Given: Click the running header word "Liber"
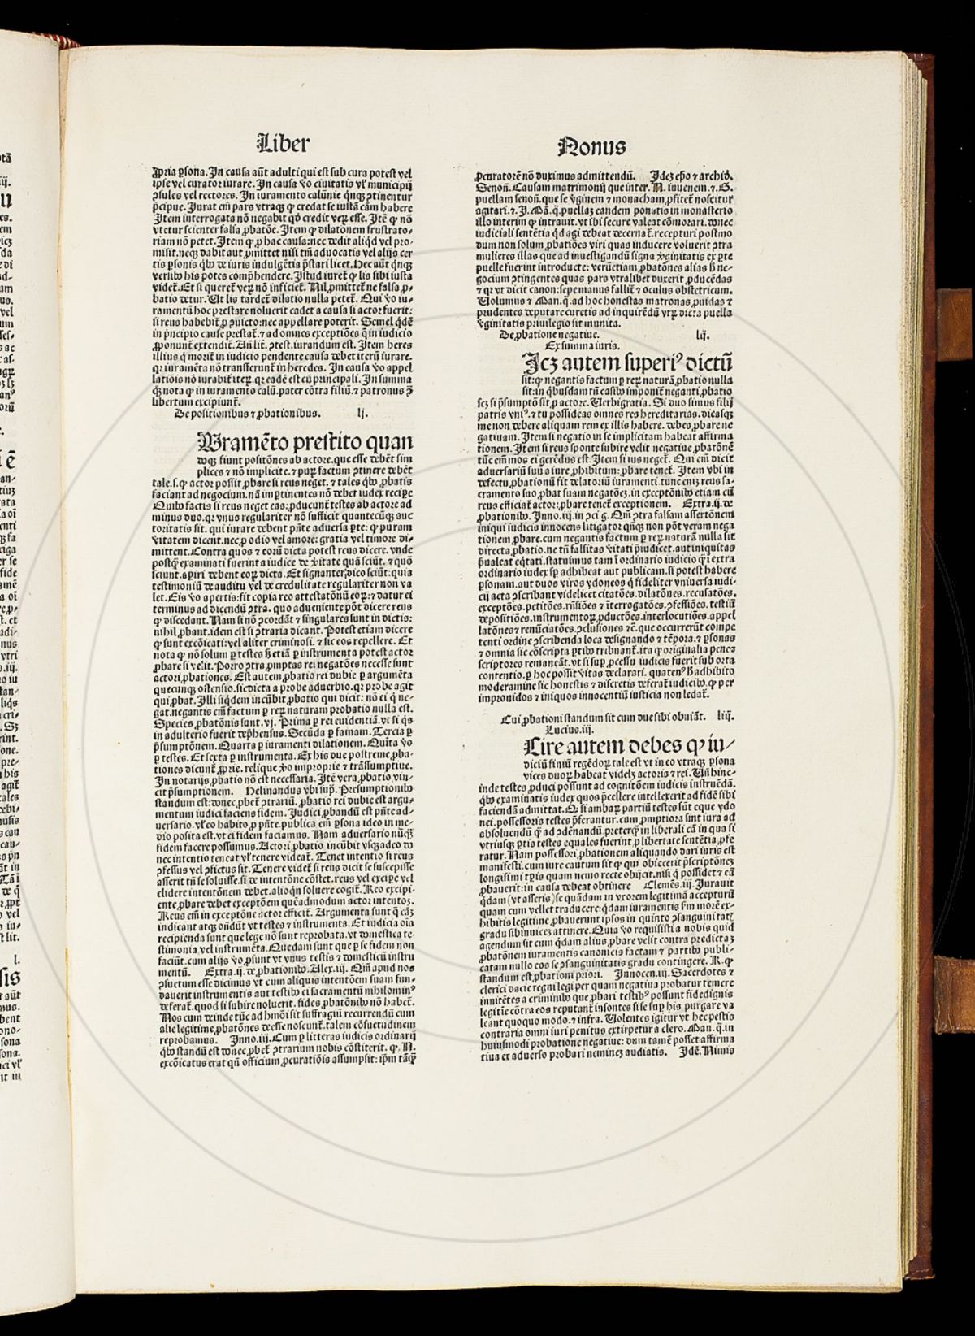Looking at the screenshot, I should click(x=283, y=145).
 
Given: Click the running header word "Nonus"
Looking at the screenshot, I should click(x=591, y=147).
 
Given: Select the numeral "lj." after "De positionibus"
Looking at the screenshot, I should click(x=363, y=413).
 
